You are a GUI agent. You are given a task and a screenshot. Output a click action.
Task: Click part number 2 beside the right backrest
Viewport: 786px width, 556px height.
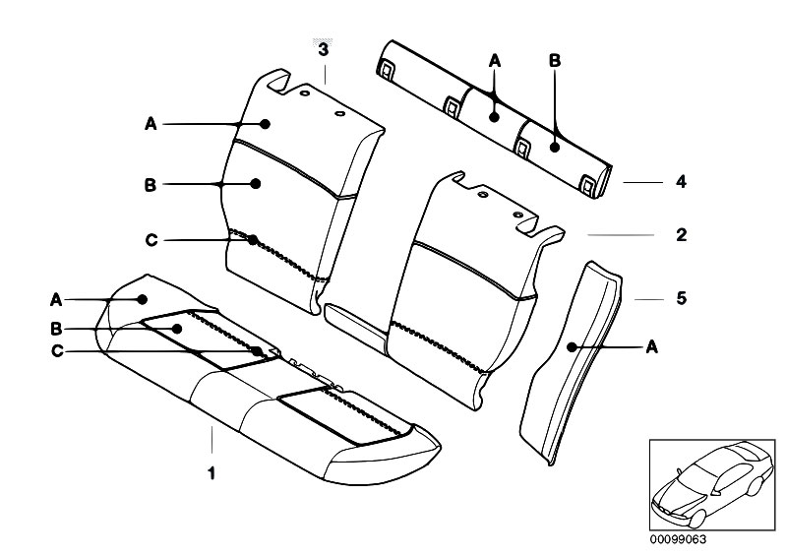680,236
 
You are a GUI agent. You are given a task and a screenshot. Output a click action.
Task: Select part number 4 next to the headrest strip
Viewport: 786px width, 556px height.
680,182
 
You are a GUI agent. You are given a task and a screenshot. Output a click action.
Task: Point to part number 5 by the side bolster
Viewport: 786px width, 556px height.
680,297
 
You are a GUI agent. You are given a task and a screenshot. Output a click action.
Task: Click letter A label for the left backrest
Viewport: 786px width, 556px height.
151,124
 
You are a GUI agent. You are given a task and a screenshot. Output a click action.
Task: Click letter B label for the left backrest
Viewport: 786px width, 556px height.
151,184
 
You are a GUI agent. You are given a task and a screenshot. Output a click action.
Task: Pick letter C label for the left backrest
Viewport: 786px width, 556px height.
151,240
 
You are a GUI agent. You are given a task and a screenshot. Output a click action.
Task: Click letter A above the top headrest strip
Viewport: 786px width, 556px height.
496,61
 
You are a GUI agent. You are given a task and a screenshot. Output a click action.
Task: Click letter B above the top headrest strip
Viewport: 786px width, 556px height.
554,61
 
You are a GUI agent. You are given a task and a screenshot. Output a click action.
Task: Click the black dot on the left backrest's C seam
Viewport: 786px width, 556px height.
254,240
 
